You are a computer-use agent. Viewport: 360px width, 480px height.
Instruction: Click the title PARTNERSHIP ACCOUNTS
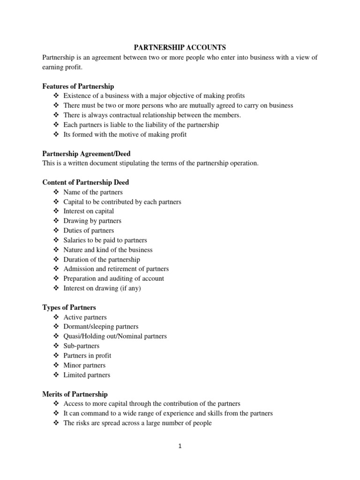tap(180, 47)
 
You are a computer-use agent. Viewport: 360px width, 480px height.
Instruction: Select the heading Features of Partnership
tap(78, 86)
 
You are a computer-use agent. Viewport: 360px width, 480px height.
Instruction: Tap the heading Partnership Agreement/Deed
tap(87, 153)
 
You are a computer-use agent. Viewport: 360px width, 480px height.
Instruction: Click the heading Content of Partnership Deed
tap(85, 182)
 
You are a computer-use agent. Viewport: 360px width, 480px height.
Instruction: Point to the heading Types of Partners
tap(69, 307)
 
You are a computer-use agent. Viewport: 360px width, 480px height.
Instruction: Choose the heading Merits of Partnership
tap(75, 394)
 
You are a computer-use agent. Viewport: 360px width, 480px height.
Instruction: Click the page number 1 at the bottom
tap(180, 446)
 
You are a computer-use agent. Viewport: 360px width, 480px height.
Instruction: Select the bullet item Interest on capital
tap(89, 211)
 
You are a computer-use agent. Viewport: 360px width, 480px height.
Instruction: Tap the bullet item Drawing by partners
tap(92, 221)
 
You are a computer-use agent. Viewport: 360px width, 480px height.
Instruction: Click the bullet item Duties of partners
tap(89, 231)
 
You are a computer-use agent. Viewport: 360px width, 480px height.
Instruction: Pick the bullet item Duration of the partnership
tap(102, 259)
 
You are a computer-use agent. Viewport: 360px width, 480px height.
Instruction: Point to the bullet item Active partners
tap(85, 317)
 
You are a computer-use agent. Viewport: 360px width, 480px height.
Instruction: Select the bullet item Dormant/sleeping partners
tap(101, 327)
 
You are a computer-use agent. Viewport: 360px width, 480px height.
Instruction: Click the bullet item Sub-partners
tap(82, 346)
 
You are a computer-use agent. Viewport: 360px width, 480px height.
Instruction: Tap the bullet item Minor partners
tap(84, 365)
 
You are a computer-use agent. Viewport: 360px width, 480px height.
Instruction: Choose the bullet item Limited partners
tap(87, 375)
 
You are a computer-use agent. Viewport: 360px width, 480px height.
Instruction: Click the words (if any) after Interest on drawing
tap(129, 288)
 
